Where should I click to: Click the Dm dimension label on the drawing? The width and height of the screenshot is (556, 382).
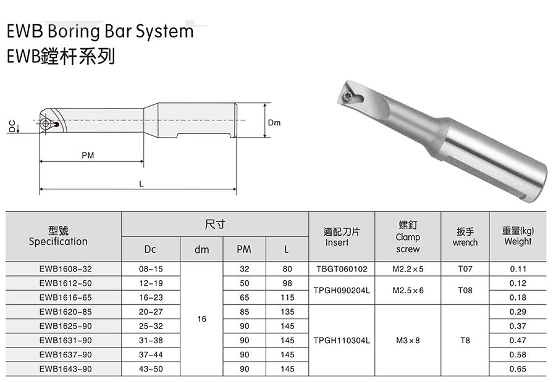[x=274, y=123]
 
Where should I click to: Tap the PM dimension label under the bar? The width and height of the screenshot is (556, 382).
[x=88, y=156]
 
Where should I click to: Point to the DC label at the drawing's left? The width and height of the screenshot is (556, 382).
[x=12, y=126]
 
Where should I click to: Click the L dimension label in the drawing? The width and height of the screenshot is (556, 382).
[x=141, y=183]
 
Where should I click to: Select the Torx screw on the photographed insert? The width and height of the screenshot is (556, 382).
[x=348, y=96]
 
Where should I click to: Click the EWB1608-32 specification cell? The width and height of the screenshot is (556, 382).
[x=65, y=269]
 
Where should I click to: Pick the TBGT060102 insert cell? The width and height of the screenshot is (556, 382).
[x=342, y=269]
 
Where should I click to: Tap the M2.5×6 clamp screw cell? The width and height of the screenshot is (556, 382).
[x=408, y=291]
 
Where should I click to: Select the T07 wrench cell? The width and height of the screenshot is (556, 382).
[x=465, y=269]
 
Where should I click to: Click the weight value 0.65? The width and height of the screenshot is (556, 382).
[x=518, y=369]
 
